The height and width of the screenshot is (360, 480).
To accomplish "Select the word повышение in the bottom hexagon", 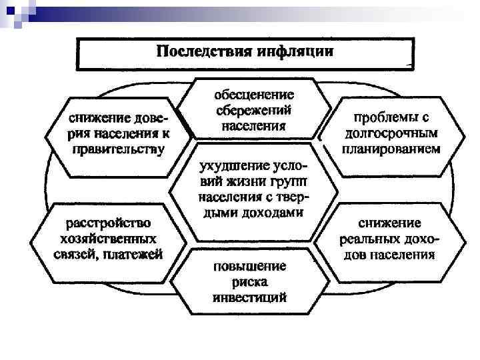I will click(249, 265).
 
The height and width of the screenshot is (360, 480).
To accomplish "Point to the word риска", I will click(249, 281).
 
